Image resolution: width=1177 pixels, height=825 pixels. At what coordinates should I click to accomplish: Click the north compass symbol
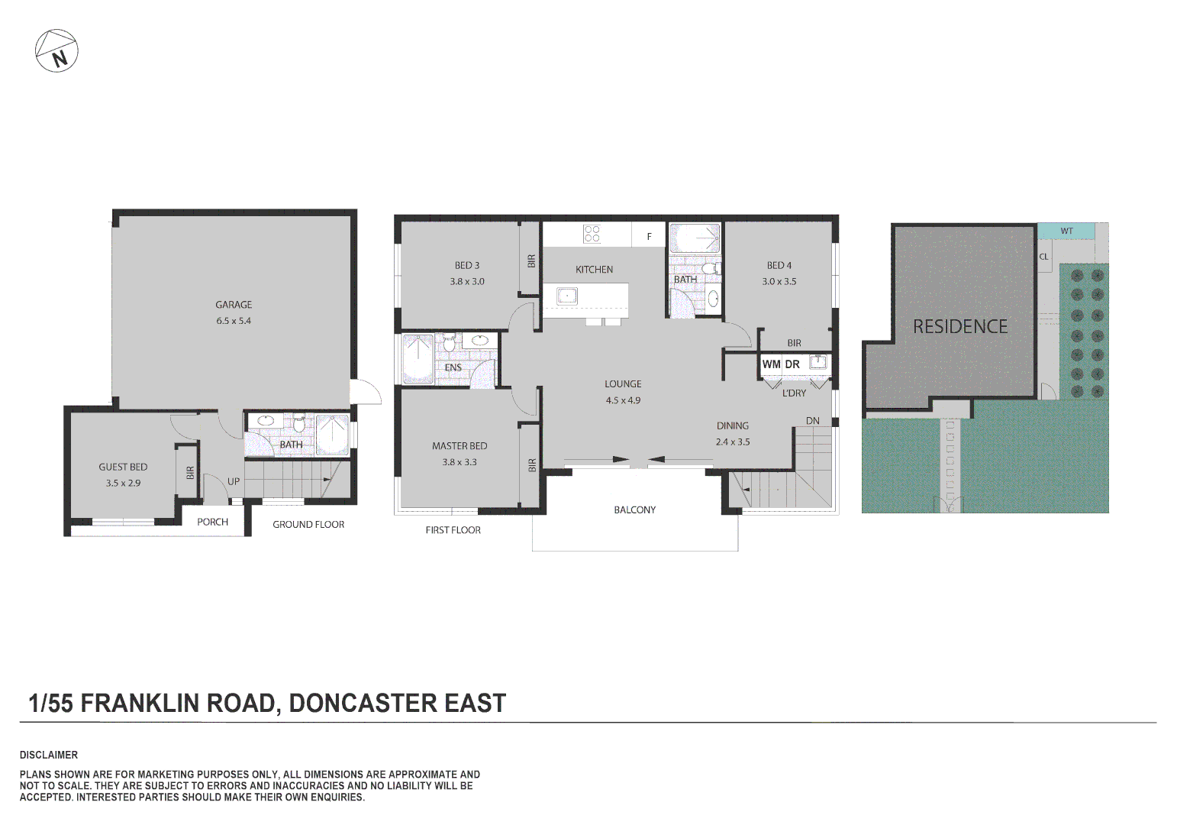(56, 51)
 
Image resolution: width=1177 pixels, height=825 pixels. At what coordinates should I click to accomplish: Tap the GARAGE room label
(234, 305)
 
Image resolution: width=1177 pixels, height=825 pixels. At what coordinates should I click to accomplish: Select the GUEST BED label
(123, 467)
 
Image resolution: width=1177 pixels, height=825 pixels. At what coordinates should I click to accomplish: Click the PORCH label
(212, 522)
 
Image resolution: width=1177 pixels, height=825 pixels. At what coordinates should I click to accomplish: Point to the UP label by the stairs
(234, 481)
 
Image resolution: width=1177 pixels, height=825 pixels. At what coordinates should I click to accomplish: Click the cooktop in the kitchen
(592, 234)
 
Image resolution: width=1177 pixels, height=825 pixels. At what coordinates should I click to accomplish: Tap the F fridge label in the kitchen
(650, 237)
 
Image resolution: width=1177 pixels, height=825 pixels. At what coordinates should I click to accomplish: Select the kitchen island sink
(566, 296)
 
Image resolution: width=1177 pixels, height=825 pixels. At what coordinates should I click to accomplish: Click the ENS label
(453, 367)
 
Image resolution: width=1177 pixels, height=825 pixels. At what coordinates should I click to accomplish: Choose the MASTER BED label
(460, 446)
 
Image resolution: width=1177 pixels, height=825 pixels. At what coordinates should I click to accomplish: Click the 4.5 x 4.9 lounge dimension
(623, 400)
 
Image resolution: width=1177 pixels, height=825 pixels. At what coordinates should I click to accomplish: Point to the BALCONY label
(635, 510)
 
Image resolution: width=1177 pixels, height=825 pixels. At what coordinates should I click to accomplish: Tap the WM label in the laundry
(771, 364)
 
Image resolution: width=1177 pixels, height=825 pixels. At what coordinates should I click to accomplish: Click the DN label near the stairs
(813, 421)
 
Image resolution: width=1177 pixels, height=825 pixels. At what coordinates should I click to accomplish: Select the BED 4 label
(779, 265)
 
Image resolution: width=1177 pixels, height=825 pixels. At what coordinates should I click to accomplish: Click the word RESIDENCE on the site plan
(960, 327)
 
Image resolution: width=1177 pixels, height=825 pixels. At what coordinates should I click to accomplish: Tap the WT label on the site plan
(1066, 231)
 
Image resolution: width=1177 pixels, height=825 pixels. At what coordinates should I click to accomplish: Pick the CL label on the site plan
(1043, 257)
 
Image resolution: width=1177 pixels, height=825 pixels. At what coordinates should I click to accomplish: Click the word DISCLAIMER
(49, 755)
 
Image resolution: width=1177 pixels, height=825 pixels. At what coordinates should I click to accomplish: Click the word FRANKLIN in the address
(140, 703)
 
